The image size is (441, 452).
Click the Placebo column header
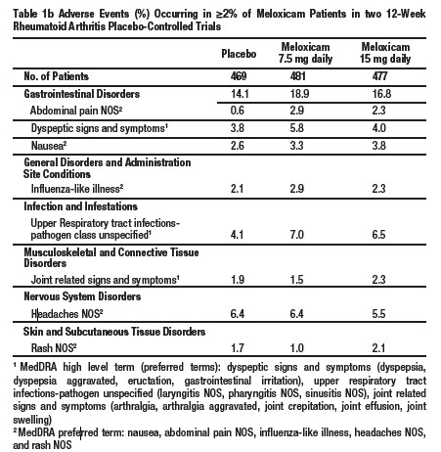pos(239,50)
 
